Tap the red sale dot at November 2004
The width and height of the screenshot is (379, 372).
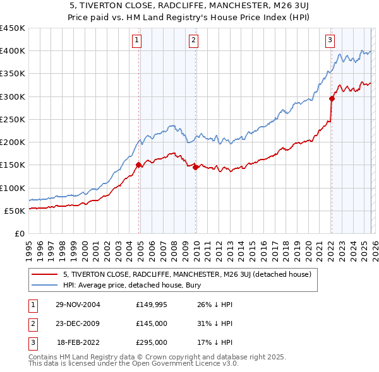[139, 165]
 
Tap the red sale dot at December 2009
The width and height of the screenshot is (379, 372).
[195, 167]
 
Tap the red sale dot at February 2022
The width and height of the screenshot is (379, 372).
[332, 98]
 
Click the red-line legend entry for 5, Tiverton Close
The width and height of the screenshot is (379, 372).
[186, 274]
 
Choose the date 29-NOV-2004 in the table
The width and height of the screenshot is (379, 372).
[78, 305]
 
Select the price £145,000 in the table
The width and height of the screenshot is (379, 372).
[151, 323]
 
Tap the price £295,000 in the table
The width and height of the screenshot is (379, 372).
[151, 342]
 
